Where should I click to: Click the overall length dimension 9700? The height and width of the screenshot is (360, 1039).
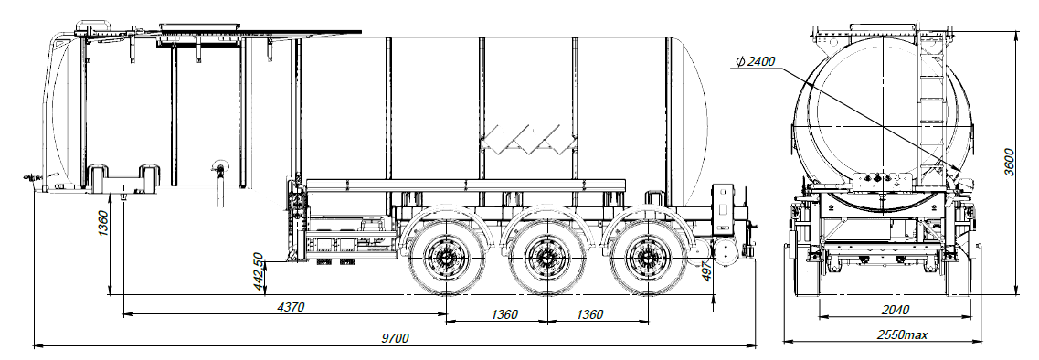[x=396, y=337]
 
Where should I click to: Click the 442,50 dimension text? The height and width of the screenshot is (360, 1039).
[x=260, y=271]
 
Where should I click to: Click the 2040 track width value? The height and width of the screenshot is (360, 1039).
[x=896, y=310]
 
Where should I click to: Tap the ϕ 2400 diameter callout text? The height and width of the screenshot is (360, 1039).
[x=756, y=61]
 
